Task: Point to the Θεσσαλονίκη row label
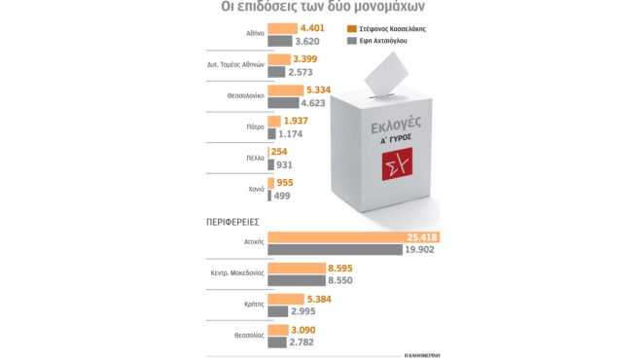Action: [x=239, y=96]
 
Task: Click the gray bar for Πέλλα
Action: [x=271, y=166]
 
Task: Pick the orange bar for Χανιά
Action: [x=271, y=181]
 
